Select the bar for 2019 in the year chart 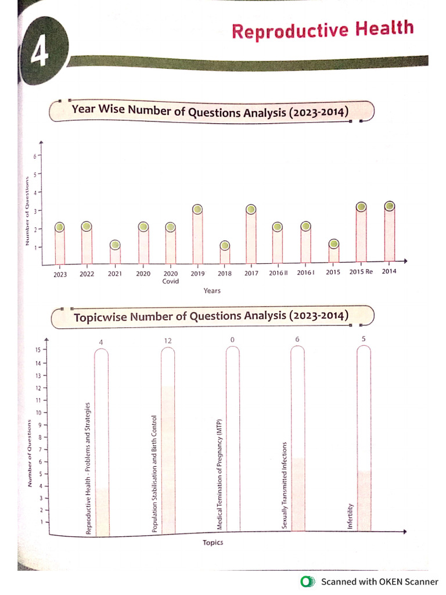click(197, 238)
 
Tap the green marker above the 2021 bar click(115, 245)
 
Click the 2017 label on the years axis click(251, 273)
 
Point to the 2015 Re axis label click(361, 272)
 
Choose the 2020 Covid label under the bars click(170, 277)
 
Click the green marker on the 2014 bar click(389, 206)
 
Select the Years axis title click(212, 291)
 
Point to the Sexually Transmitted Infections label click(285, 485)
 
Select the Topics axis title click(213, 543)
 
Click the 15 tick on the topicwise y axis click(37, 350)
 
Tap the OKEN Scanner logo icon click(306, 582)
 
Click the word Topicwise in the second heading click(100, 318)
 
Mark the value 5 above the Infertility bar click(364, 339)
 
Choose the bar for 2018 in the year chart click(225, 255)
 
